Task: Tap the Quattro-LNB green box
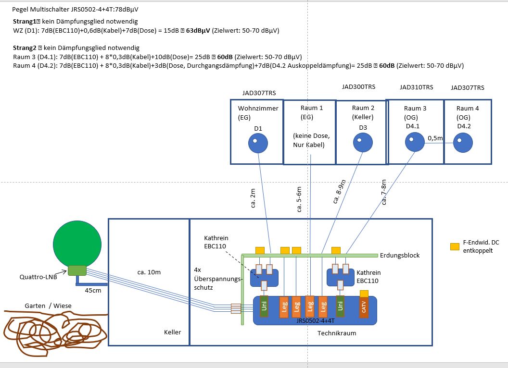click(76, 270)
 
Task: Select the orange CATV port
click(364, 307)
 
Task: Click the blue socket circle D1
click(258, 143)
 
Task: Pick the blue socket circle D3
click(363, 142)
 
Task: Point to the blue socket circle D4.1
click(414, 142)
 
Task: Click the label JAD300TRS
click(358, 87)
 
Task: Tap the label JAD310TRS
click(416, 87)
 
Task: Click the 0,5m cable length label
click(435, 138)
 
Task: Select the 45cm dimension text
click(92, 291)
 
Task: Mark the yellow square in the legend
click(454, 246)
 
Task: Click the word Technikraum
click(337, 333)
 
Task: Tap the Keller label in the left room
click(172, 332)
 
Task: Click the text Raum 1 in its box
click(312, 108)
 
